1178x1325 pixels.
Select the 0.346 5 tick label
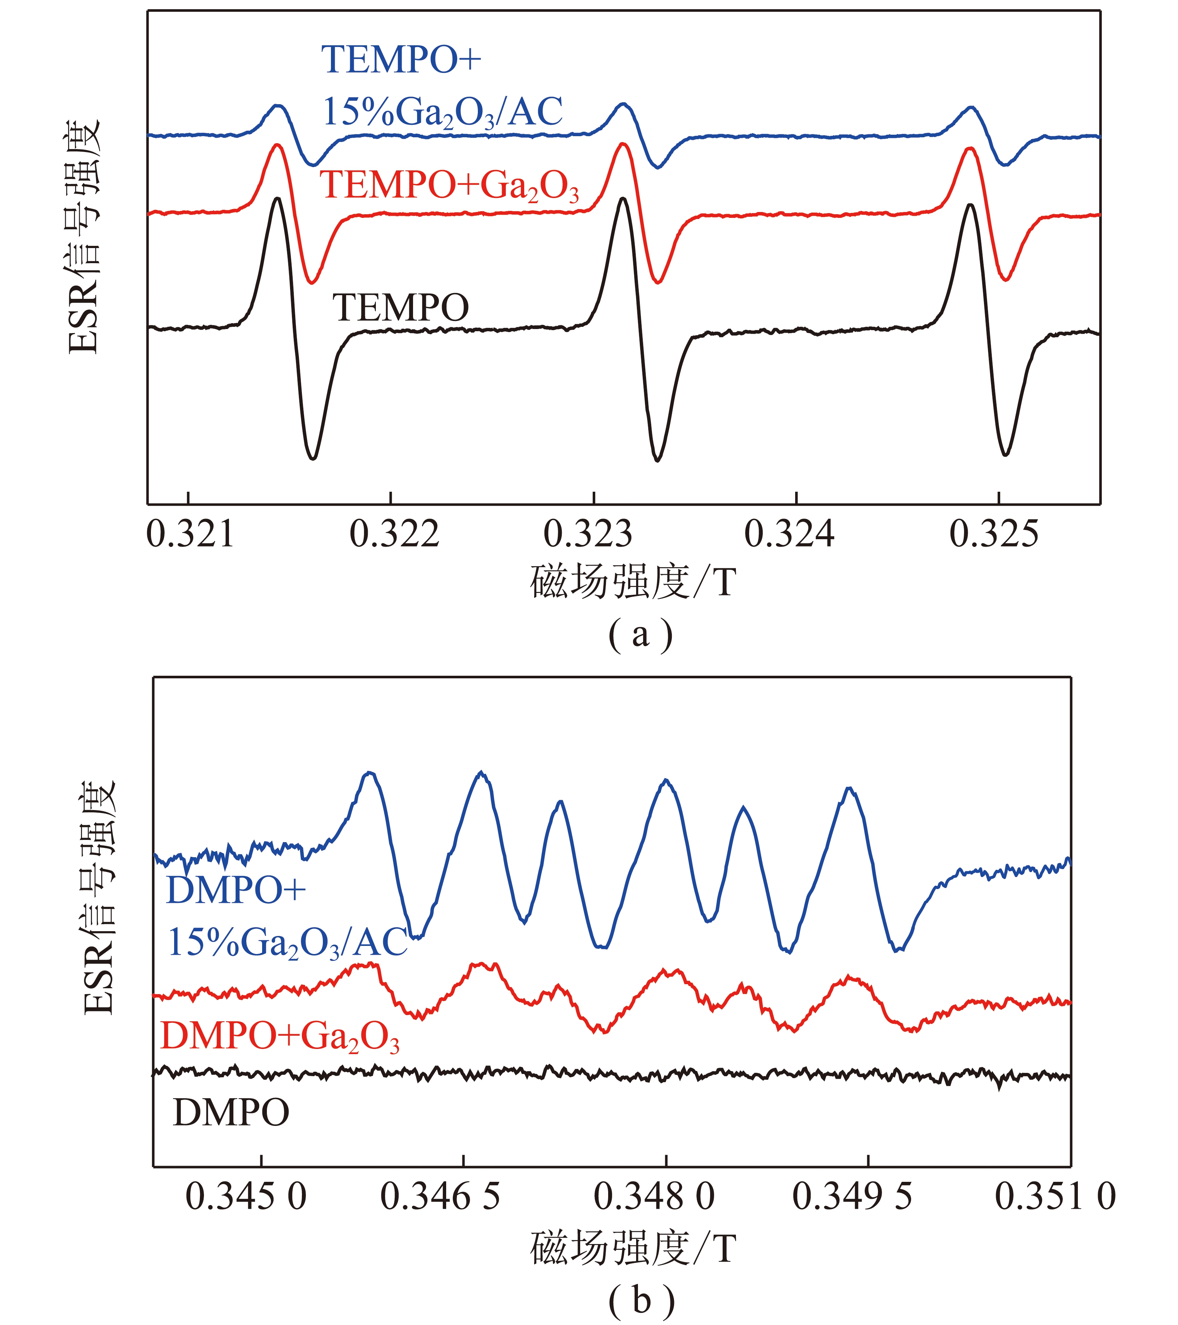coord(440,1197)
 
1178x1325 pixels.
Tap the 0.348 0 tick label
coord(654,1197)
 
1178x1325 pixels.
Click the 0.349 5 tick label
coord(852,1197)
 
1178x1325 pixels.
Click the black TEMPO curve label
coord(401,308)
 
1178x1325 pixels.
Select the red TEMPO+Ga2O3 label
coord(449,186)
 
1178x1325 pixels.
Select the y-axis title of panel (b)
coord(99,898)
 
